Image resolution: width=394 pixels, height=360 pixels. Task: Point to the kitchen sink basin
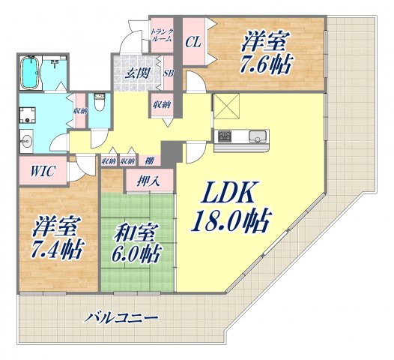pos(256,136)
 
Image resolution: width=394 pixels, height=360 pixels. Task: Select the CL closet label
pos(192,41)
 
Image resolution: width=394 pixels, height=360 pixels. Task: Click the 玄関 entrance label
pos(136,73)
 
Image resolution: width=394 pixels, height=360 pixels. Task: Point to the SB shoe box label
pos(168,73)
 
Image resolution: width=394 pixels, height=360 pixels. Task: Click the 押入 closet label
pos(146,181)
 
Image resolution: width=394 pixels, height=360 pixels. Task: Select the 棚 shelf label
pos(150,160)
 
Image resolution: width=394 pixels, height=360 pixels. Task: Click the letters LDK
pos(231,194)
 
